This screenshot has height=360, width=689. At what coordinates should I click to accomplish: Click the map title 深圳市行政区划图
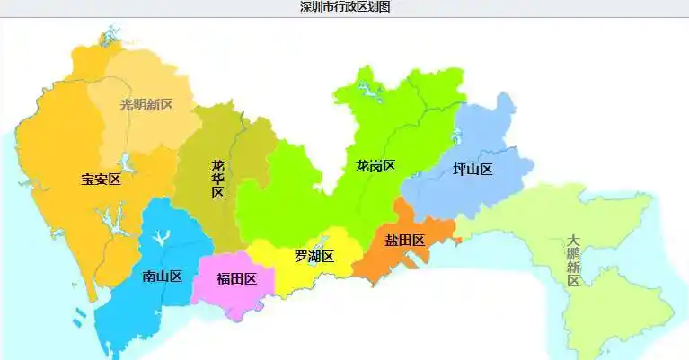coord(345,7)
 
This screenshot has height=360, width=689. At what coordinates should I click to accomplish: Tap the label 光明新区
coord(146,104)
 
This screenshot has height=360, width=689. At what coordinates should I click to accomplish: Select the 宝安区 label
coord(101,180)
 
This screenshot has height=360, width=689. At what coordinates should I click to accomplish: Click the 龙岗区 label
coord(375,166)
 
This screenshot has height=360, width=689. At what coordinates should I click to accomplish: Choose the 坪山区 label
coord(473,170)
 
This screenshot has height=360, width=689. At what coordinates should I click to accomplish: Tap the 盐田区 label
coord(404,240)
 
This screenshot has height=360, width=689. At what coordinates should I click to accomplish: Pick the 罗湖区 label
coord(314,257)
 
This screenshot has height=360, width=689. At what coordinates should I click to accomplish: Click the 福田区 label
coord(237,278)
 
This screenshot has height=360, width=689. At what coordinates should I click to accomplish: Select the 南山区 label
coord(162,277)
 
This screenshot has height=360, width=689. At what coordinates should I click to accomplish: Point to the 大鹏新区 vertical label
coord(573,261)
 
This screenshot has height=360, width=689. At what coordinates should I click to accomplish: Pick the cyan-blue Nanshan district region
coord(135,314)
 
